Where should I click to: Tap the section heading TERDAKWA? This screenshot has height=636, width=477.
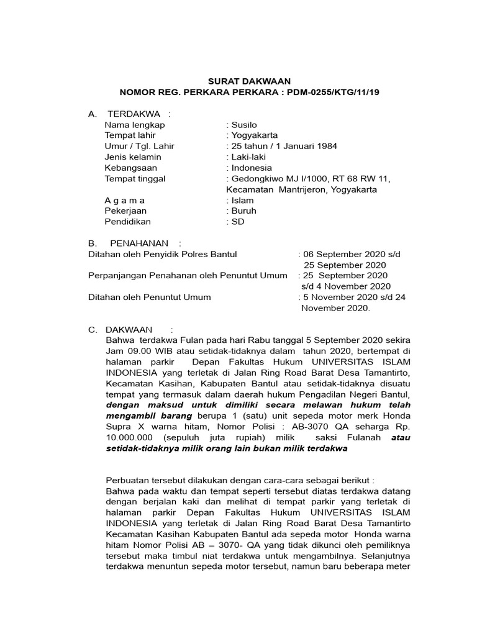click(134, 114)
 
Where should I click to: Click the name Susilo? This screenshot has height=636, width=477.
click(246, 125)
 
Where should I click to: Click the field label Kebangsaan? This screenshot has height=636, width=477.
click(131, 168)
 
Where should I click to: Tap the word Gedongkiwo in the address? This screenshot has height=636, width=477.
click(258, 179)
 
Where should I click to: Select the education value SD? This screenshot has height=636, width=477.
click(238, 222)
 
